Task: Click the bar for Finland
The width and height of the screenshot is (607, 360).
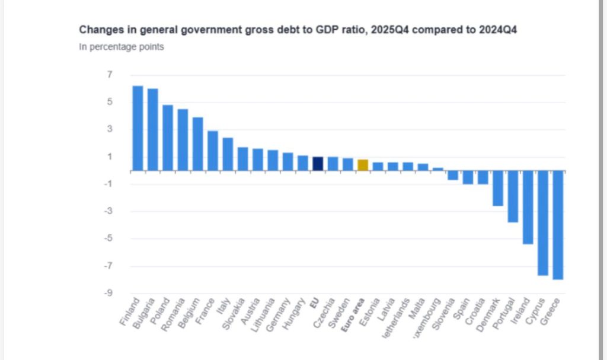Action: [x=138, y=128]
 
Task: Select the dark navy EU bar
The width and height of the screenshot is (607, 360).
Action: [x=317, y=164]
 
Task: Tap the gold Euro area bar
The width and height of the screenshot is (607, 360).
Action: [x=362, y=165]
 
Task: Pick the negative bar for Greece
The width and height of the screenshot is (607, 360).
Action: [x=558, y=225]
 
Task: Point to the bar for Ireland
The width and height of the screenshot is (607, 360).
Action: [x=528, y=207]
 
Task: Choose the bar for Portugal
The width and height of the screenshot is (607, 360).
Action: [x=512, y=196]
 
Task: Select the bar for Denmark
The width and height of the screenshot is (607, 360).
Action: [x=497, y=188]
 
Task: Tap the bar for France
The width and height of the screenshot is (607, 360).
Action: [x=212, y=151]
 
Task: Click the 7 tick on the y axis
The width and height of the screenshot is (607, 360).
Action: [x=110, y=75]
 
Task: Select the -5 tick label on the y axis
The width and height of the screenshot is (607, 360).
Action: [x=108, y=239]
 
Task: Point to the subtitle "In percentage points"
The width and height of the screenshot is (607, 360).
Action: [x=122, y=47]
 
